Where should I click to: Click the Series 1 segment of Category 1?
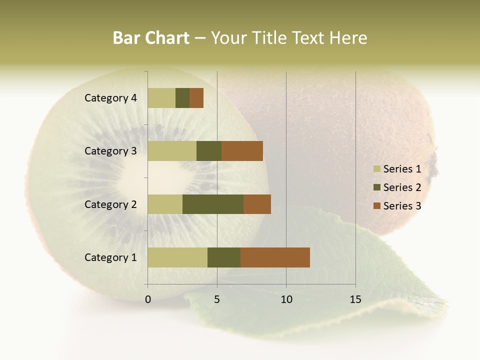[x=177, y=257]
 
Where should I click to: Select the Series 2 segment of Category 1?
[x=224, y=257]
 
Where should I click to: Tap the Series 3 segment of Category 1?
[x=275, y=257]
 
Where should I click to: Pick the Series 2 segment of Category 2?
[x=213, y=204]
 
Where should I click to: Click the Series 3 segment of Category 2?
[x=257, y=204]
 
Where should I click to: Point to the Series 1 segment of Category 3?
[x=172, y=151]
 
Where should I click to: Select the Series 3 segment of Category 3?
[x=242, y=151]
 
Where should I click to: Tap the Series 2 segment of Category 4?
[x=182, y=98]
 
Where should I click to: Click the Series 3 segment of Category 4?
[x=196, y=98]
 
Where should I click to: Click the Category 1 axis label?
[x=110, y=257]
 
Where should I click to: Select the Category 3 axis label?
[x=110, y=151]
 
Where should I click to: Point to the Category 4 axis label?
[x=110, y=98]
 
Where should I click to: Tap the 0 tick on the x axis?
[x=148, y=299]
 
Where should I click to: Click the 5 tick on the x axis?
[x=217, y=299]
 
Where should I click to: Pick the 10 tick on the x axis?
[x=286, y=299]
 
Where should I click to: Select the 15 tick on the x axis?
[x=355, y=299]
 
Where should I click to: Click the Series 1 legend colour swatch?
[x=376, y=169]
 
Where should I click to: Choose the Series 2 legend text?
[x=402, y=187]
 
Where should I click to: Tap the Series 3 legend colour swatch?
[x=376, y=206]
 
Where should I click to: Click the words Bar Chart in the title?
[x=151, y=38]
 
